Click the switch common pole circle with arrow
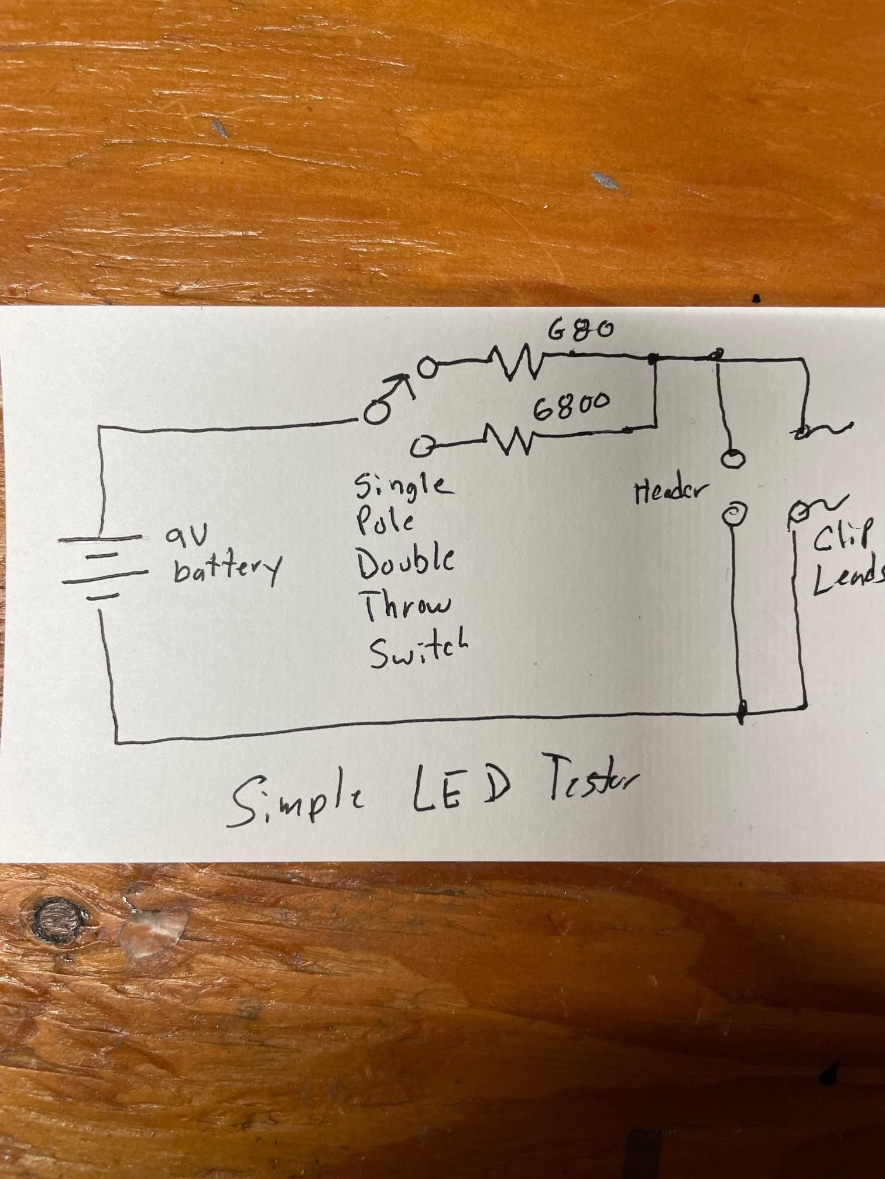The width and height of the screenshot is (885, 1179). pos(376,413)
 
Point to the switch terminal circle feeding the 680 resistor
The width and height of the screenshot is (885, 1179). pos(428,368)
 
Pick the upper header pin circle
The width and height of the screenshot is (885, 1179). pos(730,458)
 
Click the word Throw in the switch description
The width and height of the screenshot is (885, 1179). pos(408,604)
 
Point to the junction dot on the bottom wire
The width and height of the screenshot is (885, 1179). pos(742,712)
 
